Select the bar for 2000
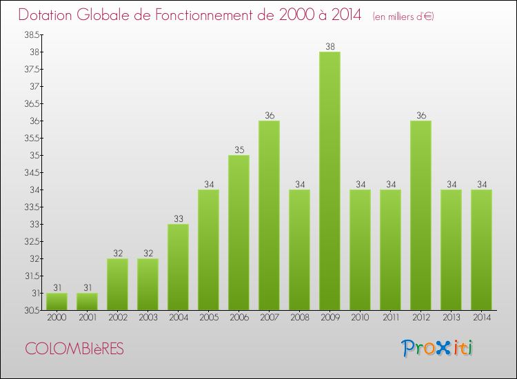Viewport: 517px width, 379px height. tap(57, 301)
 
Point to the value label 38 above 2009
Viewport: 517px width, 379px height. tap(330, 47)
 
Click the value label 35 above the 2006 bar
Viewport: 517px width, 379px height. tap(239, 150)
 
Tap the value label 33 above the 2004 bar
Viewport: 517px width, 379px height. tap(178, 219)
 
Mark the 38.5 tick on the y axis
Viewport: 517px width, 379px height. tap(32, 34)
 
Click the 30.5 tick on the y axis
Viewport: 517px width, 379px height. tap(32, 310)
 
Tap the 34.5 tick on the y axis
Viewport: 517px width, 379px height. tap(32, 172)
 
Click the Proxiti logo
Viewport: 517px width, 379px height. tap(437, 348)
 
